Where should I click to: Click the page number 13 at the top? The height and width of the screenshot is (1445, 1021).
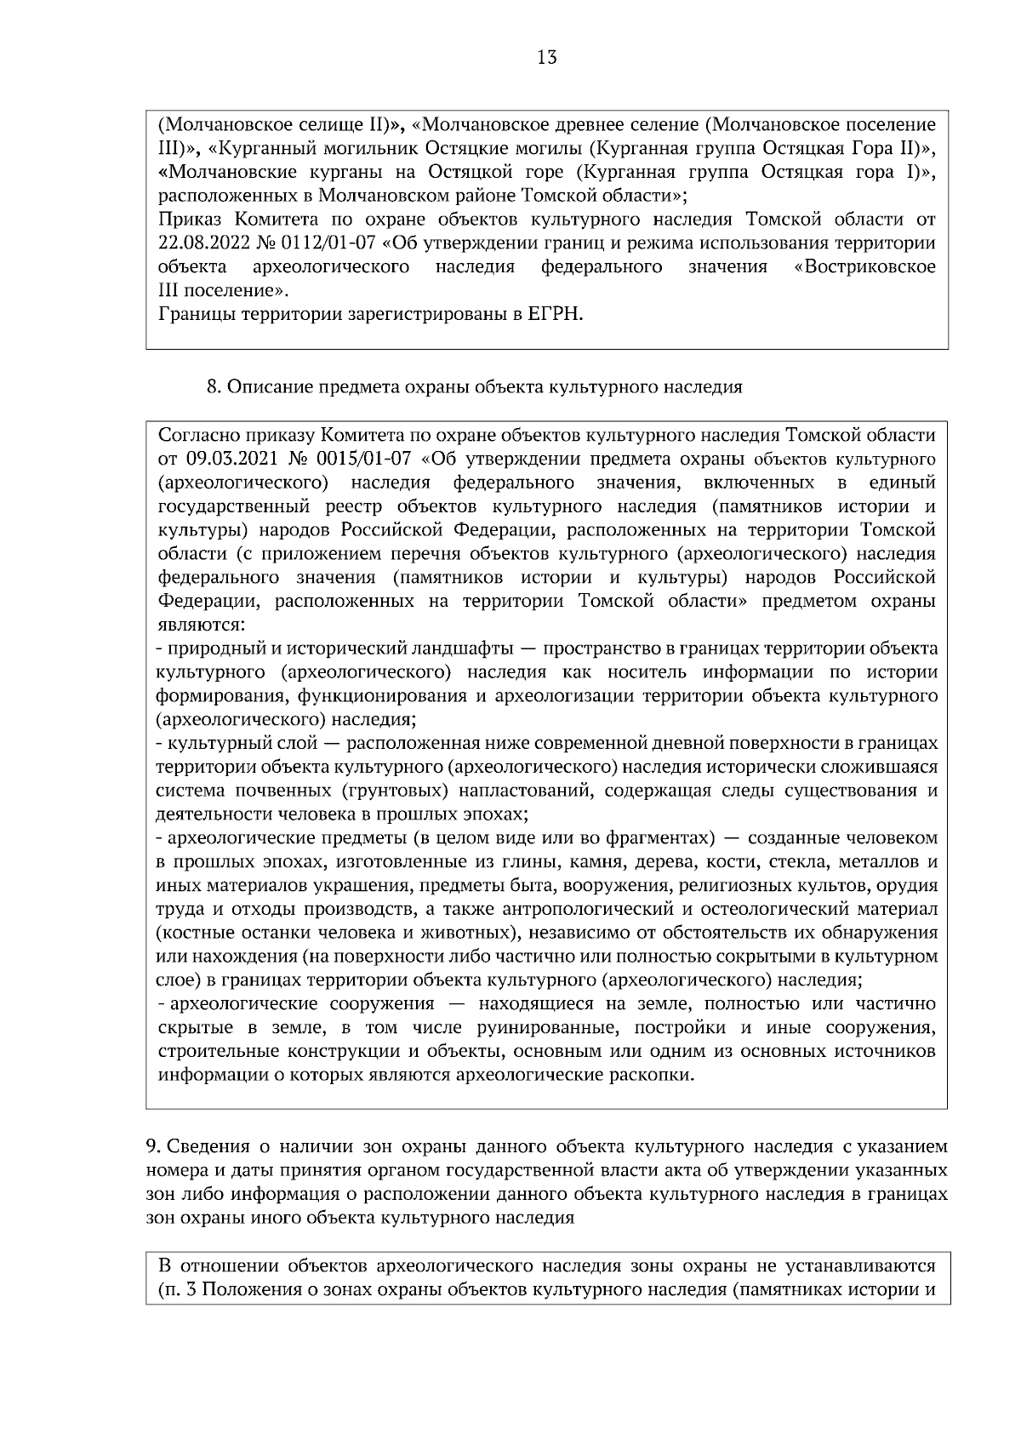click(x=547, y=58)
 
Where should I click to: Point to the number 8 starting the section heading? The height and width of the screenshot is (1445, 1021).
click(x=213, y=387)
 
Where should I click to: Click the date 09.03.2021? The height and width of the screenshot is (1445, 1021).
click(x=228, y=460)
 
